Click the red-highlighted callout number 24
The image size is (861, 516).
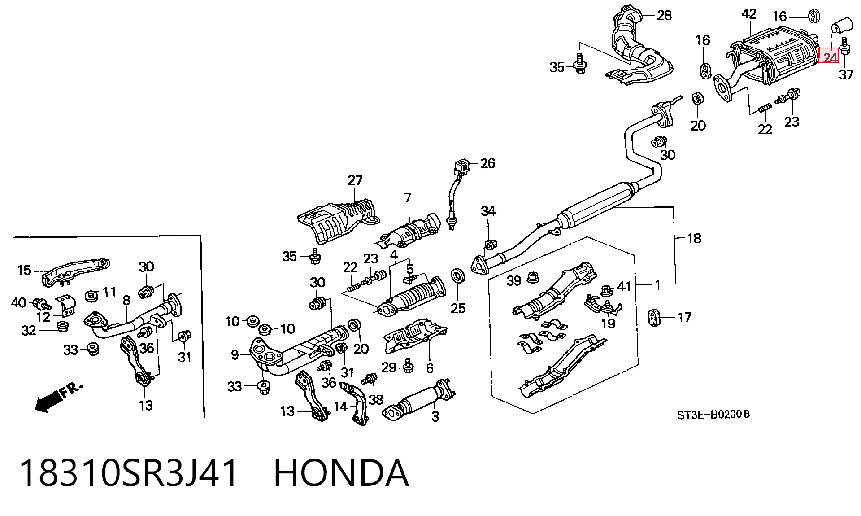tap(829, 57)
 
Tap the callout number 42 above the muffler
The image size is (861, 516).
tap(749, 14)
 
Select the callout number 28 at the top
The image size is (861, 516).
tap(664, 16)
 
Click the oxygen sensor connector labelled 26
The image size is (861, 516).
tap(461, 169)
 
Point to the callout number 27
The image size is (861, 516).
tap(355, 180)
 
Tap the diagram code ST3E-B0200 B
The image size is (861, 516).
tap(713, 415)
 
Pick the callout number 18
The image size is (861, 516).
tap(694, 238)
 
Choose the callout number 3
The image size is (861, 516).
tap(435, 416)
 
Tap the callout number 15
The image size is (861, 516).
tap(24, 270)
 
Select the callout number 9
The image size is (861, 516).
tap(235, 355)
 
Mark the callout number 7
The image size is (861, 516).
tap(408, 198)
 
